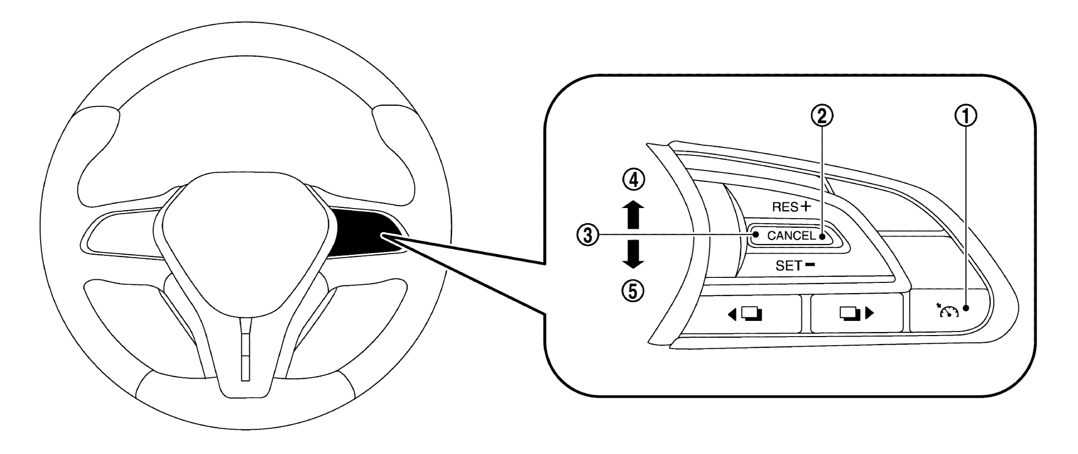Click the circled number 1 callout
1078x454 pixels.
pyautogui.click(x=966, y=117)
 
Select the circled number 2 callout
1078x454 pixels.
pyautogui.click(x=822, y=116)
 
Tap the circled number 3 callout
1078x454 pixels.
pyautogui.click(x=588, y=235)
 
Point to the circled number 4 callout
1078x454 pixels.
pyautogui.click(x=633, y=180)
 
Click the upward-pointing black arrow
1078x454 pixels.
pyautogui.click(x=633, y=216)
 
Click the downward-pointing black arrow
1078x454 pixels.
pyautogui.click(x=633, y=255)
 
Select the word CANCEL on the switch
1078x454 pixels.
pyautogui.click(x=791, y=236)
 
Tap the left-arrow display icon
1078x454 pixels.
pyautogui.click(x=745, y=314)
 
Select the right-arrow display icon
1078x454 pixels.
pyautogui.click(x=856, y=314)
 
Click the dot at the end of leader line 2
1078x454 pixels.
pyautogui.click(x=822, y=236)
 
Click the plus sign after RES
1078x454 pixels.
pyautogui.click(x=805, y=206)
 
